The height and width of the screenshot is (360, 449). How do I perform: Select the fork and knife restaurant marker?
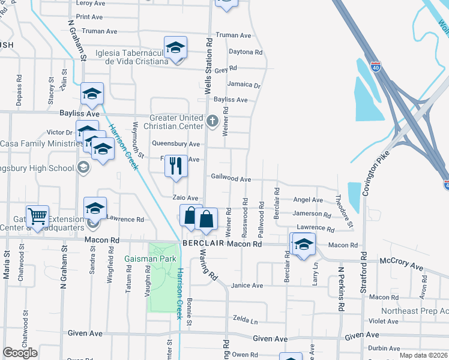coord(176,166)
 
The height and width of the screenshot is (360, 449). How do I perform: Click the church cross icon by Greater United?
coord(212,121)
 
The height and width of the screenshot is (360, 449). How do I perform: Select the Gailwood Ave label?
coord(231,179)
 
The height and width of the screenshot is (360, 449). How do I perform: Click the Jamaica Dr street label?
coord(244,85)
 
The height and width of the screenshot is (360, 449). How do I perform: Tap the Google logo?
coord(20,352)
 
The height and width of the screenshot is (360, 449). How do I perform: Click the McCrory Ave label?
coord(403,261)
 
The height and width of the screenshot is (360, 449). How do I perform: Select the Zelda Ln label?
coord(245,321)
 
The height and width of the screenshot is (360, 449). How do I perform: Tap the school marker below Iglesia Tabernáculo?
coord(175,48)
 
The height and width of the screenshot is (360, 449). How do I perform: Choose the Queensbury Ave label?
coord(175,144)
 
